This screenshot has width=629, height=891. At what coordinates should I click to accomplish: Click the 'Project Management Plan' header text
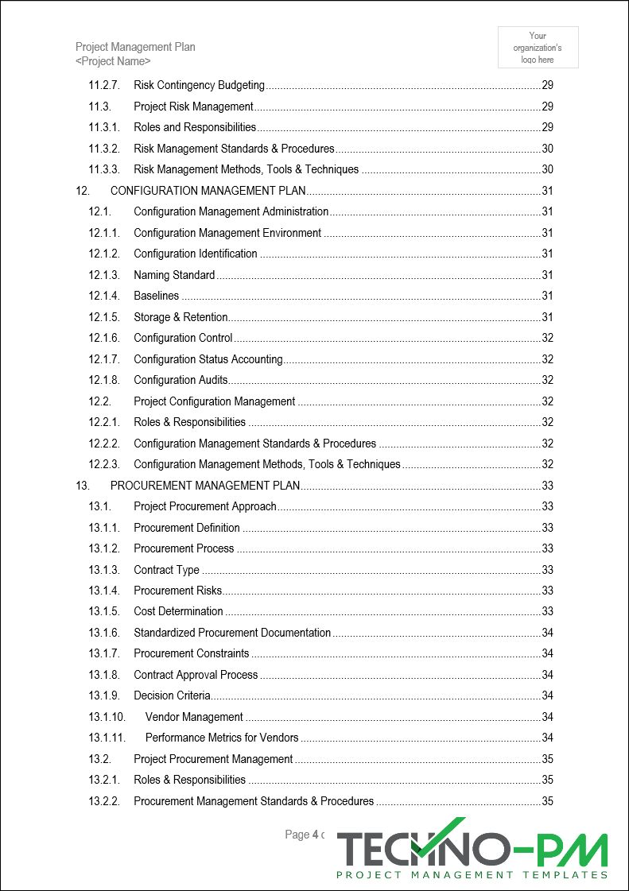click(135, 47)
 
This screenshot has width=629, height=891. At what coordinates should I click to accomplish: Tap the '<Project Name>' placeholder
click(113, 61)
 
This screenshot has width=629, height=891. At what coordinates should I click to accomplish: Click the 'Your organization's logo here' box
click(538, 48)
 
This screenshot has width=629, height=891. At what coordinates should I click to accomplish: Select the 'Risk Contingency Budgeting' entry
click(199, 85)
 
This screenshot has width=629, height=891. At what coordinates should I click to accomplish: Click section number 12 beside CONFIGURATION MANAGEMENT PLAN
click(82, 191)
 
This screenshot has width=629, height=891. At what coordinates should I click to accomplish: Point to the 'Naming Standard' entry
click(174, 275)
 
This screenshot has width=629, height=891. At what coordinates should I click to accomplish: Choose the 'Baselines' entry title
click(157, 296)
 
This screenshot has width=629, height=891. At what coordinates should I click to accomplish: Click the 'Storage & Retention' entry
click(181, 317)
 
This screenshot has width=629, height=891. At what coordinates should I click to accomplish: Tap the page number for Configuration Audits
click(547, 380)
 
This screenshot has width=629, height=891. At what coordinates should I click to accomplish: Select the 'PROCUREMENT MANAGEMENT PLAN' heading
click(205, 486)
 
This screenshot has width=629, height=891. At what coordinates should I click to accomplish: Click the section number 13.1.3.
click(104, 570)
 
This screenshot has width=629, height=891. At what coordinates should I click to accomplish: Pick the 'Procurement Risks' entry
click(178, 591)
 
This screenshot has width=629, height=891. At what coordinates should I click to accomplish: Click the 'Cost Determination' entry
click(178, 611)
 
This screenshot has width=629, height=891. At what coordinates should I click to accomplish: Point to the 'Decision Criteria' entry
click(172, 695)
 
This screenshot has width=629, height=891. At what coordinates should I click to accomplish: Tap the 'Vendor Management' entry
click(194, 717)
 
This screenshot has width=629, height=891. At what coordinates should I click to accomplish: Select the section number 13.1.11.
click(107, 738)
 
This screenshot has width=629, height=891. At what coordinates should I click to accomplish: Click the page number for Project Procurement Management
click(547, 759)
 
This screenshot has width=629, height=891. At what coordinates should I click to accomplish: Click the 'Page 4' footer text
click(302, 835)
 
